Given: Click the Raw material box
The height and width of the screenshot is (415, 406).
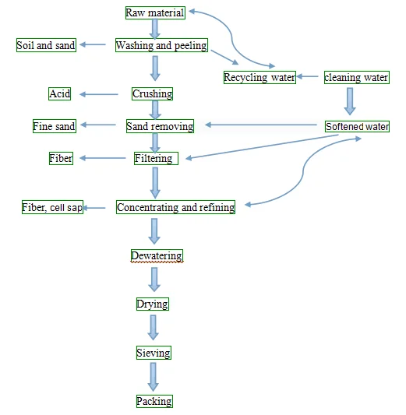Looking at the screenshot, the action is tap(155, 13).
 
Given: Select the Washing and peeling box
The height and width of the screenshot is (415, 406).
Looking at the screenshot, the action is tap(161, 45).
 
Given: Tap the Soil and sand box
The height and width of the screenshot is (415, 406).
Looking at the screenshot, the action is tap(46, 45).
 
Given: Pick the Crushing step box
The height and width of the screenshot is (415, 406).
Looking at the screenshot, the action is tap(152, 93).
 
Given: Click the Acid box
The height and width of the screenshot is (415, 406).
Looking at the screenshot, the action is tap(59, 93).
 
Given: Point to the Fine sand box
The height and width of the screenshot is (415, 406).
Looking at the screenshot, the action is tap(55, 126).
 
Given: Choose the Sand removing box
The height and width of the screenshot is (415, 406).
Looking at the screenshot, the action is tap(160, 126).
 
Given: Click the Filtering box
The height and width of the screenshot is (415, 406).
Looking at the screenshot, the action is tap(157, 158).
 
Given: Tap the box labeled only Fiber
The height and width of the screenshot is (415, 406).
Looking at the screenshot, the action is tap(61, 158).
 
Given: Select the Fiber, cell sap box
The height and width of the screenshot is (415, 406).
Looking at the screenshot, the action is tap(52, 207).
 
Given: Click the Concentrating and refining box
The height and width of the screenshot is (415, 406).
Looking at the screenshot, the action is tap(175, 207).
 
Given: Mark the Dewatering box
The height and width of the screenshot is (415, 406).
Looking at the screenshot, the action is tap(157, 255).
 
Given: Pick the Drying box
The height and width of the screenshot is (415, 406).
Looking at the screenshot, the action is tap(153, 304).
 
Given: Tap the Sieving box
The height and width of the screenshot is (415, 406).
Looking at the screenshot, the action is tap(154, 353).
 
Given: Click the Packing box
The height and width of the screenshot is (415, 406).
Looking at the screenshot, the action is tap(154, 401).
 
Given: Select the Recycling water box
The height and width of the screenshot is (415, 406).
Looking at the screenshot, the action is tap(259, 77).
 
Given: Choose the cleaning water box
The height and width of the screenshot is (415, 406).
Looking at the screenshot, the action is tap(357, 77).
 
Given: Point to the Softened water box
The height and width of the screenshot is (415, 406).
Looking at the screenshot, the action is tap(357, 126).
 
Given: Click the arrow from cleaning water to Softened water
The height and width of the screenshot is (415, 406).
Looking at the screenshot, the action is tap(350, 101).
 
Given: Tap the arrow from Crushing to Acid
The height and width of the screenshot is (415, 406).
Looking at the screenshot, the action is tap(99, 94).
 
